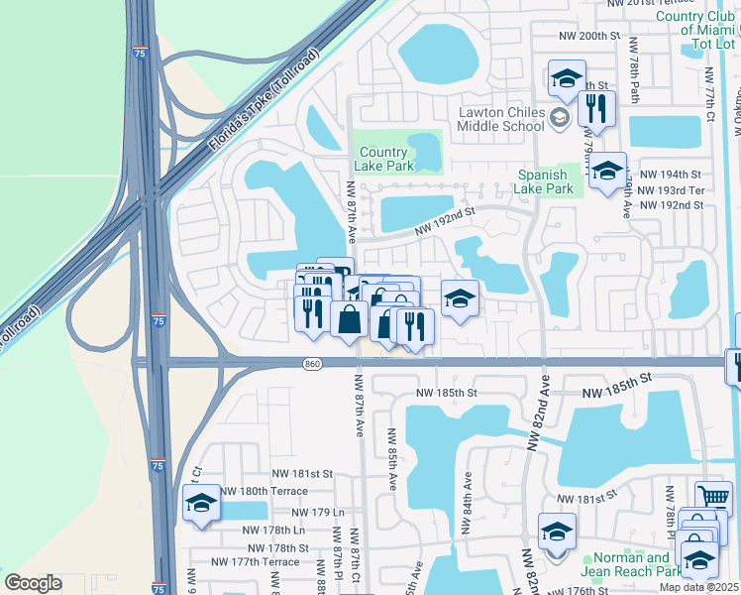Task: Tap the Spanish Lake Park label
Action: pyautogui.click(x=546, y=181)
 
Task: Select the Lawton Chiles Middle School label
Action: pyautogui.click(x=501, y=119)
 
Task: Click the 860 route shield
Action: pyautogui.click(x=312, y=365)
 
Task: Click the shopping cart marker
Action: pyautogui.click(x=714, y=497)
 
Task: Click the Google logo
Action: pyautogui.click(x=33, y=583)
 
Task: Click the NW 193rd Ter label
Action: pyautogui.click(x=671, y=189)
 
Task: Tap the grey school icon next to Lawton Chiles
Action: pyautogui.click(x=559, y=118)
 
